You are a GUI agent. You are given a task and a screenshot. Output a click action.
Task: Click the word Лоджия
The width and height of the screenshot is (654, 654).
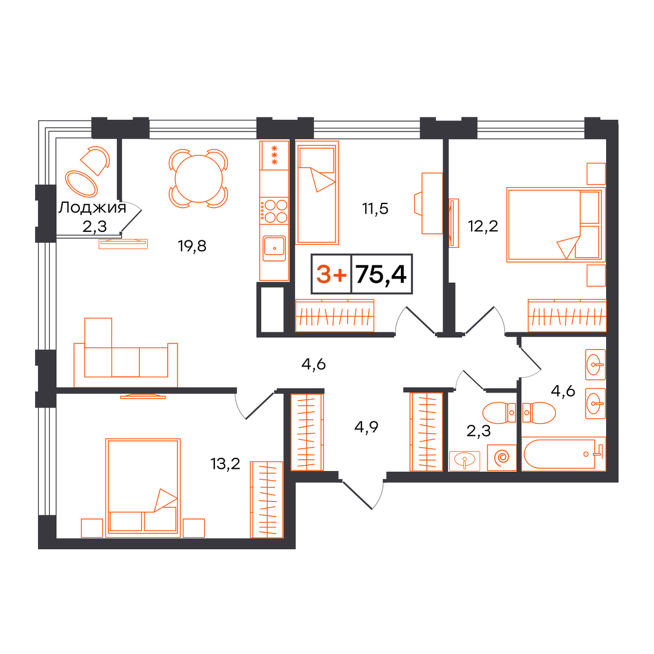[x=92, y=207]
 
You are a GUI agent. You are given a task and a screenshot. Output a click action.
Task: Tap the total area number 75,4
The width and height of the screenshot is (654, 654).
[x=381, y=274]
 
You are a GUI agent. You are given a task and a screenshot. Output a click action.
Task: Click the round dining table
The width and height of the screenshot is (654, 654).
[x=199, y=179]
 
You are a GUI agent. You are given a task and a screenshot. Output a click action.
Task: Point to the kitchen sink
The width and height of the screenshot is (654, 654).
[x=274, y=249]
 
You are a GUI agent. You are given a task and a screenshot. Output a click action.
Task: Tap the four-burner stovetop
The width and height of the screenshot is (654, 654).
[x=274, y=211]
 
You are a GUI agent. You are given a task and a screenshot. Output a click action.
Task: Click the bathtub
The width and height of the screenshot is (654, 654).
[x=563, y=454]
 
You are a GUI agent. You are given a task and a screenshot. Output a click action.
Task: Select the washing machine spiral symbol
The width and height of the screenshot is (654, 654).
[x=502, y=458]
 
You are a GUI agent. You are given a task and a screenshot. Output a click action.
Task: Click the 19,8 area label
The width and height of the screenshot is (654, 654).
[x=193, y=246]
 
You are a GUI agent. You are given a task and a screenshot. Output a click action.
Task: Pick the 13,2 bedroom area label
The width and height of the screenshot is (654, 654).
[x=226, y=464]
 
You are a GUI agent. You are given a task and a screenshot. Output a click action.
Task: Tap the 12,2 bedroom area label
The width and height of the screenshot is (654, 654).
[x=483, y=226]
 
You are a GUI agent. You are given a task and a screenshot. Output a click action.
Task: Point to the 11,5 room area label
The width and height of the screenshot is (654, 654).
[x=375, y=208]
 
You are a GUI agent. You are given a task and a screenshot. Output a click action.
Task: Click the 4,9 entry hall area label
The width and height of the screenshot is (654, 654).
[x=366, y=427]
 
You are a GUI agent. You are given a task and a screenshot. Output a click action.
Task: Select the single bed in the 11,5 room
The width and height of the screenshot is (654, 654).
[x=317, y=193]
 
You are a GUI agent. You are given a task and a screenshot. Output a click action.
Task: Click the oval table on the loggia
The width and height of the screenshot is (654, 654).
[x=81, y=183]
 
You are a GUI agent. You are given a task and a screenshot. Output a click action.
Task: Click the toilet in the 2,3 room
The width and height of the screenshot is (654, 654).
[x=499, y=413]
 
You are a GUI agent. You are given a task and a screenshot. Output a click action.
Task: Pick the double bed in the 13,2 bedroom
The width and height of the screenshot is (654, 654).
[x=143, y=488]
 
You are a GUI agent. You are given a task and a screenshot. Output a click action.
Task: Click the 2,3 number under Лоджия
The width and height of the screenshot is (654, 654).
[x=94, y=226]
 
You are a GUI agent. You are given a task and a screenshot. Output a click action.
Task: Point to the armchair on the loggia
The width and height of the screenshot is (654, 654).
[x=96, y=160]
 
